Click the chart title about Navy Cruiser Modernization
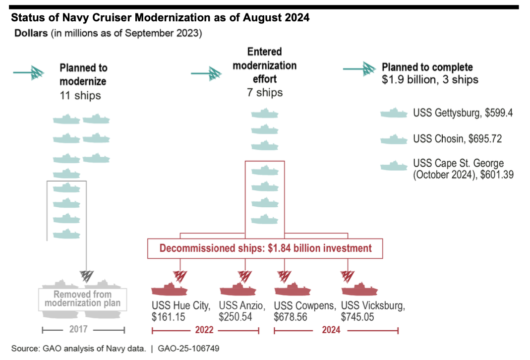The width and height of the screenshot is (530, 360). tap(160, 18)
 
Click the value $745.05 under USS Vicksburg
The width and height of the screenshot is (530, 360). tap(358, 317)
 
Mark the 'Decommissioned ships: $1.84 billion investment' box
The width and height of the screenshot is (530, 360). tap(265, 248)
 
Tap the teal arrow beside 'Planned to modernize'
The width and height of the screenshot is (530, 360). tap(30, 73)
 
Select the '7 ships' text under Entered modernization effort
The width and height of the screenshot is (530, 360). tap(265, 92)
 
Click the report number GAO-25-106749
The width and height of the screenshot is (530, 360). tap(188, 349)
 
